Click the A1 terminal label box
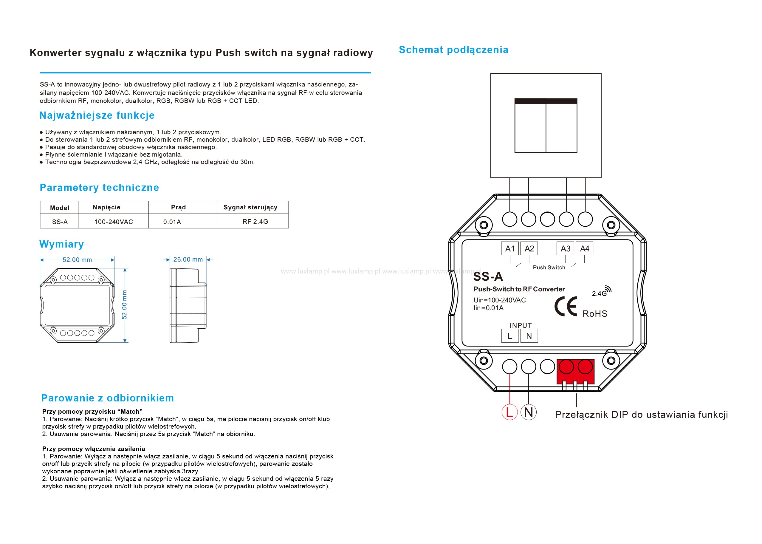(509, 248)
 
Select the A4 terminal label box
(585, 248)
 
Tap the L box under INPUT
(509, 336)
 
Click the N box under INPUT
(529, 336)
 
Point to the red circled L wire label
(509, 412)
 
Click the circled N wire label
(529, 412)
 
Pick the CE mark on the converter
(566, 306)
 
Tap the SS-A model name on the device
(488, 277)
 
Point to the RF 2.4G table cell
(255, 221)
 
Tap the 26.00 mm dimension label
(188, 259)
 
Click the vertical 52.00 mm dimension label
(125, 305)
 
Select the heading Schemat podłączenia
(453, 50)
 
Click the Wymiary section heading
(62, 244)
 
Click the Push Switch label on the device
(549, 267)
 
